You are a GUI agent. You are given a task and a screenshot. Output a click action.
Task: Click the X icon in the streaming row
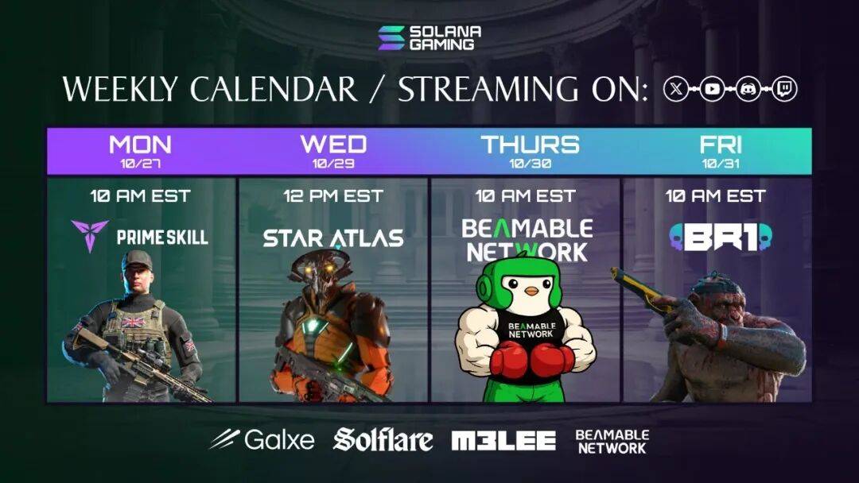tap(676, 89)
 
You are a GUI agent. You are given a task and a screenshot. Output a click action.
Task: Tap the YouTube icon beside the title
tap(712, 89)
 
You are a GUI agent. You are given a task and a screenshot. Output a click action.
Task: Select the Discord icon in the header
tap(748, 89)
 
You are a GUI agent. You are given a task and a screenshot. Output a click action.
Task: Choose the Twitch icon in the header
tap(784, 89)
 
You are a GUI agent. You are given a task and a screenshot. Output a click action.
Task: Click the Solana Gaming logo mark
tap(391, 38)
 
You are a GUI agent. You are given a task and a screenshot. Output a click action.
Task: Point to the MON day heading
tap(140, 145)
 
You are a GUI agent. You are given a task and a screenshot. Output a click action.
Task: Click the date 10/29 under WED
tap(333, 164)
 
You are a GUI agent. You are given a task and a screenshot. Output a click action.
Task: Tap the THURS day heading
tap(530, 145)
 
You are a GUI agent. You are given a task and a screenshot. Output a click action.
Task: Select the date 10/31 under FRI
tap(721, 164)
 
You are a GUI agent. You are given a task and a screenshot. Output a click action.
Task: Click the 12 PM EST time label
tap(333, 196)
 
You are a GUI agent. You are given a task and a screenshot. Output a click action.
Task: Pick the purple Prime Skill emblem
tap(89, 234)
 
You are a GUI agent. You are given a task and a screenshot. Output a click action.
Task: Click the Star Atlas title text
tap(333, 238)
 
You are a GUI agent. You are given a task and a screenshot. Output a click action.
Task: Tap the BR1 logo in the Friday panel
tap(721, 237)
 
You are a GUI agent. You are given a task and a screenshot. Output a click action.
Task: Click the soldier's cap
tap(137, 260)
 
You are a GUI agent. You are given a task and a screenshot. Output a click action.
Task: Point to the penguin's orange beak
tap(531, 291)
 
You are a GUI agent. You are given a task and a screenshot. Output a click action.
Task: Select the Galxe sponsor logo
tap(262, 439)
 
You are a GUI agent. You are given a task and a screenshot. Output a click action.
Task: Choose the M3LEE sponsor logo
tap(503, 441)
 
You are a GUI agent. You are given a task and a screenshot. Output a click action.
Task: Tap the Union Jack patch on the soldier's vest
tap(134, 322)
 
